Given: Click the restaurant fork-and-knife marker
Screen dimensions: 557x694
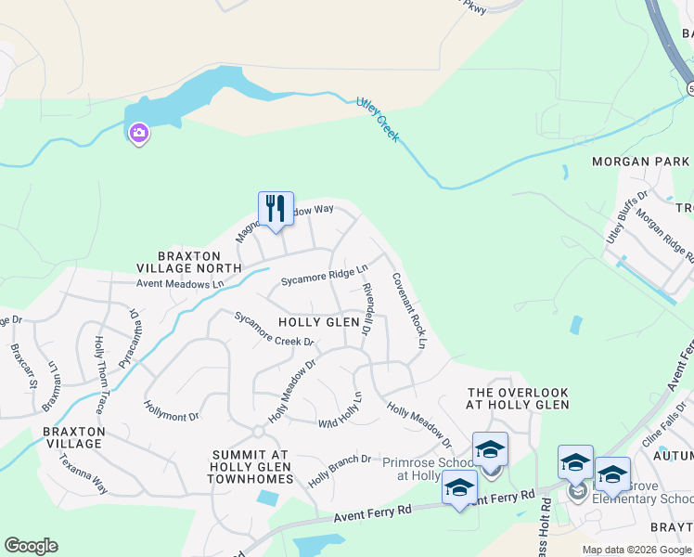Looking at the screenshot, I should [x=276, y=208].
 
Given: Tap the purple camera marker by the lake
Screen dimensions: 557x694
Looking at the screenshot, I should [x=139, y=134].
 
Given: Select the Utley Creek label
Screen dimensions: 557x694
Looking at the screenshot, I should [x=378, y=119].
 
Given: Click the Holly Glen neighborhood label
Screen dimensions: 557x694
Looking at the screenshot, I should [x=318, y=322].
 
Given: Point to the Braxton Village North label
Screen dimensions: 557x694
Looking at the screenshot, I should [x=189, y=261].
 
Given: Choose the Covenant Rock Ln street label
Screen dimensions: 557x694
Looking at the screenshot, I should [x=408, y=310].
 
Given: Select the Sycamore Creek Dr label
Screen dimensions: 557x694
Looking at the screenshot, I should [x=274, y=329].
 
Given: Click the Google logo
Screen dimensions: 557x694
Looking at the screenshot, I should [x=31, y=546].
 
